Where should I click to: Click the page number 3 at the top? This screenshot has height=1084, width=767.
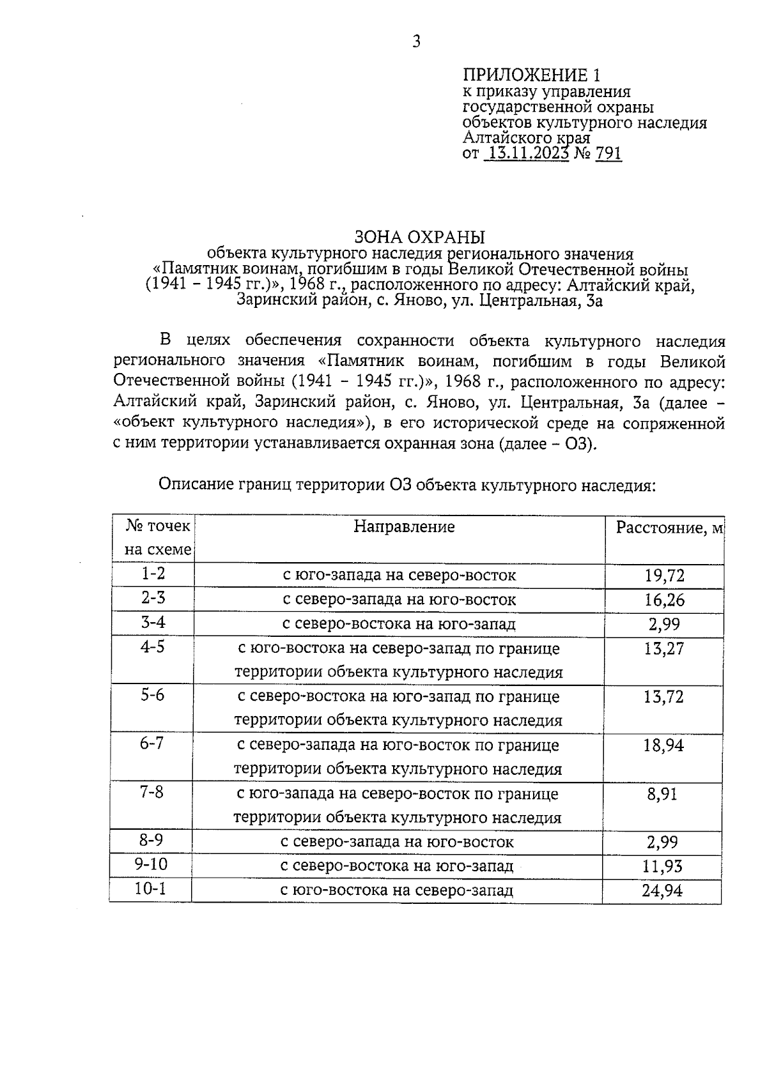tap(417, 43)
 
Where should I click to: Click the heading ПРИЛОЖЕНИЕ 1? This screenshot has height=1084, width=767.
tap(532, 75)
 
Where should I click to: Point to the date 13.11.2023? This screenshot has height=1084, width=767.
tap(527, 153)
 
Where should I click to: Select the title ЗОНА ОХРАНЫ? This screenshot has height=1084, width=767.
tap(419, 237)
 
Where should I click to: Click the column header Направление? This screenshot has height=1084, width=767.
tap(404, 526)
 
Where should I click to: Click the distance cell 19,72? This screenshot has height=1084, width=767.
tap(664, 576)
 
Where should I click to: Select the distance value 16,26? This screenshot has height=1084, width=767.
tap(664, 600)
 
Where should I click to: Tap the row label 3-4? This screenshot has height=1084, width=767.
tap(153, 622)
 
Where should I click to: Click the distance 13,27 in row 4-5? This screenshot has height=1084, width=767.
tap(663, 649)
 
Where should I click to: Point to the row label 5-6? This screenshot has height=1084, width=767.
tap(153, 695)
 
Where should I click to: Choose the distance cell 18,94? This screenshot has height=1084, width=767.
tap(663, 745)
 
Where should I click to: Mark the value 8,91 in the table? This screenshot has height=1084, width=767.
tap(662, 794)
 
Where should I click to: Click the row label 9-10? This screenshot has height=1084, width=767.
tap(151, 865)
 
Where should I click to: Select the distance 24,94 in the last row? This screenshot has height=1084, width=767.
tap(662, 890)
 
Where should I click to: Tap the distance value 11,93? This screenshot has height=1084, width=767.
tap(662, 866)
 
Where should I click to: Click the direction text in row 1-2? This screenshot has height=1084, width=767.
tap(399, 575)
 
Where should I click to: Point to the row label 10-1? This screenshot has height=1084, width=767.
tap(151, 889)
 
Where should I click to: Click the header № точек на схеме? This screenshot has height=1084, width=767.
tap(157, 538)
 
